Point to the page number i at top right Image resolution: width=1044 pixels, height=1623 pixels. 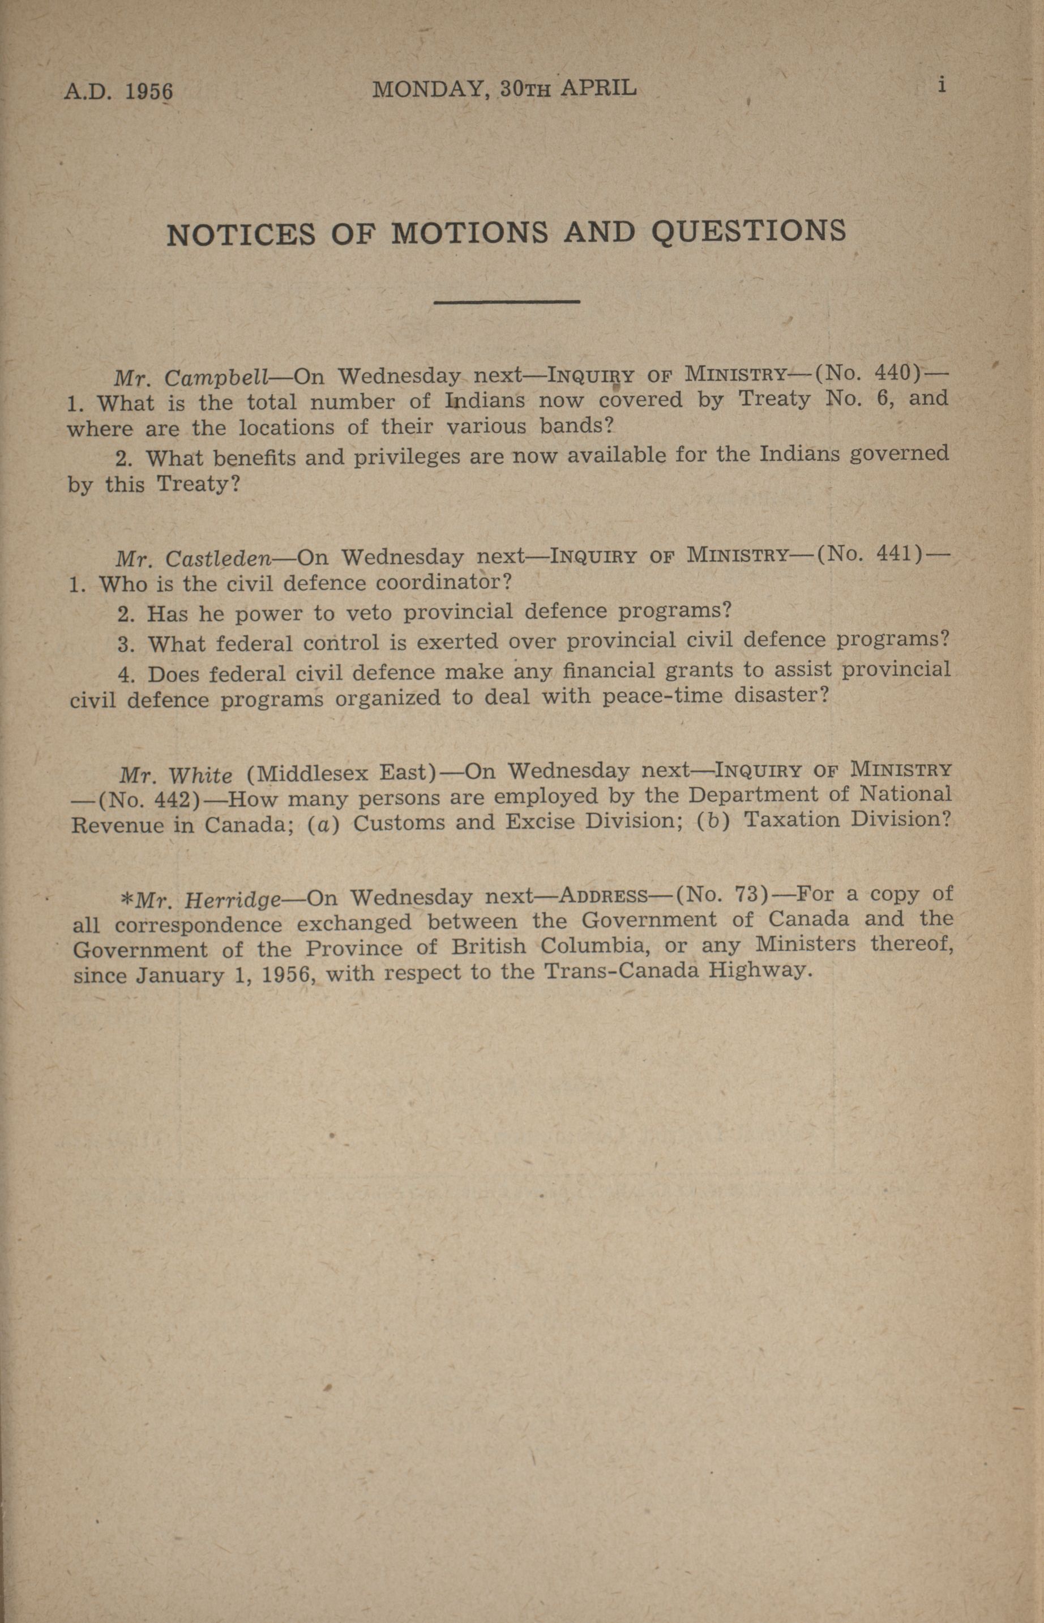click(942, 86)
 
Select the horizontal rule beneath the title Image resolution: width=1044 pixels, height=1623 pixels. click(506, 302)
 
